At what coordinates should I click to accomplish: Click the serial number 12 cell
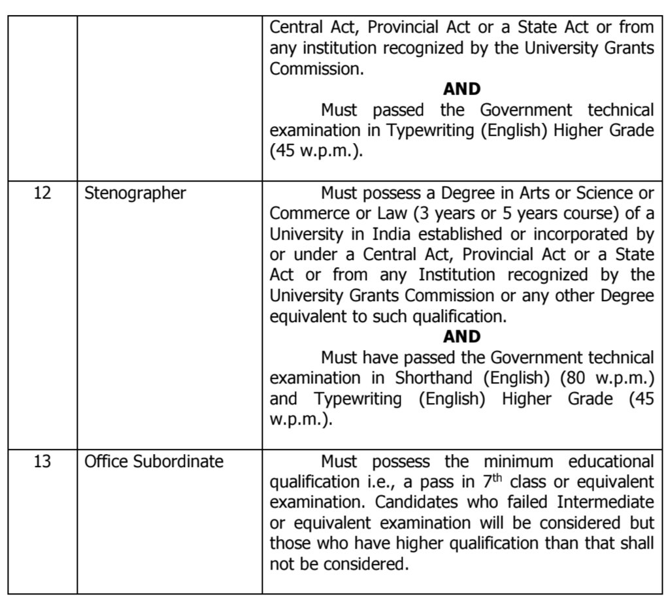click(41, 194)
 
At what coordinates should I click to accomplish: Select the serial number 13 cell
click(41, 462)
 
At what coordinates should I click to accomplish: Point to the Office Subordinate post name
click(154, 462)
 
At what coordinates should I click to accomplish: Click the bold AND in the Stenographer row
click(461, 336)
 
